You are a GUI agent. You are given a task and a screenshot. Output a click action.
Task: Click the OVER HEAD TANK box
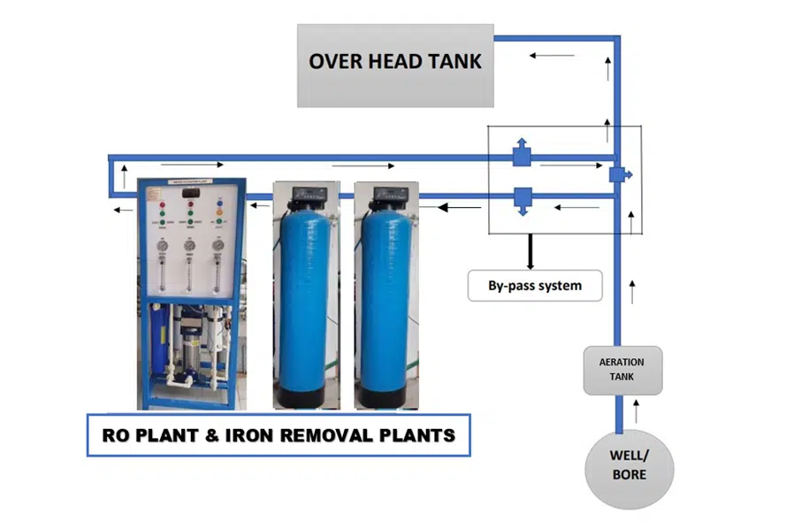pos(395,65)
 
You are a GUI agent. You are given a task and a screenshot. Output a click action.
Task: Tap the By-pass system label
pos(534,286)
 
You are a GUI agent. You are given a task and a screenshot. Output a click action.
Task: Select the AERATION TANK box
pos(622,370)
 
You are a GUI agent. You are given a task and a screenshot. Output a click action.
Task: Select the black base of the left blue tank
pos(305,395)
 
